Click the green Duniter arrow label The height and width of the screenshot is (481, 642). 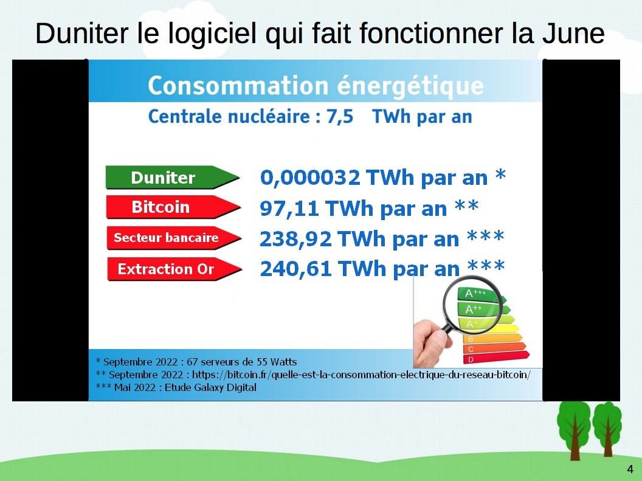pos(173,177)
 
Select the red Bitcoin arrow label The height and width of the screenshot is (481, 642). pos(173,207)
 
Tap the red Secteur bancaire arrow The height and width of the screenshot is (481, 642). pos(174,238)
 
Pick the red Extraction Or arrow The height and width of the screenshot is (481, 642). pos(174,269)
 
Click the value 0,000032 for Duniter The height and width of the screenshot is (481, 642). pos(310,178)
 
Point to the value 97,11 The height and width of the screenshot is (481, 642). pos(289,209)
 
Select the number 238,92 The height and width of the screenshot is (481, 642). pos(295,239)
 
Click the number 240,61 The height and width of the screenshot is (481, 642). pos(295,269)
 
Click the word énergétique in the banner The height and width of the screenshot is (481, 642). pos(410,87)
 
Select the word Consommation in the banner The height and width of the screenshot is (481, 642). pos(238,86)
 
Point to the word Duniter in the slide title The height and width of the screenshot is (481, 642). pos(82,33)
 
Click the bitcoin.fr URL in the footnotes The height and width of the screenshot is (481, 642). pos(361,375)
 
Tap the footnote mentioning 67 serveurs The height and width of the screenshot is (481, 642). pos(196,362)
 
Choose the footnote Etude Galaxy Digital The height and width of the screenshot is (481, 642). pos(176,388)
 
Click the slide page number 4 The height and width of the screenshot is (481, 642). pos(630,469)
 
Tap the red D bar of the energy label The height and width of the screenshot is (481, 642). pos(496,358)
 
